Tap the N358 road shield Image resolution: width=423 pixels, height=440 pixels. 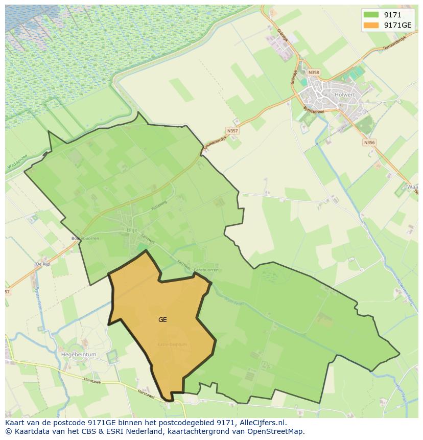click(314, 73)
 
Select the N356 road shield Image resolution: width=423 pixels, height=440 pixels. click(369, 143)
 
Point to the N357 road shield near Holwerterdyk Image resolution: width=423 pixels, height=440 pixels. click(232, 131)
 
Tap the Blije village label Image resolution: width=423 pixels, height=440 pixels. click(131, 230)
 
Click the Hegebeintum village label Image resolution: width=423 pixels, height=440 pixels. click(79, 354)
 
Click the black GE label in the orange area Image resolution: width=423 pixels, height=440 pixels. click(162, 320)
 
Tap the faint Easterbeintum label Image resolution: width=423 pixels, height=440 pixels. click(172, 344)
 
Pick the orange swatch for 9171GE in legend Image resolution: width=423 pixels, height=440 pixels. click(371, 25)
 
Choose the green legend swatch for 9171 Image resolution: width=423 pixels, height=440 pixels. click(371, 15)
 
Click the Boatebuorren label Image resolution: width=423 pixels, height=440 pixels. click(85, 238)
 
